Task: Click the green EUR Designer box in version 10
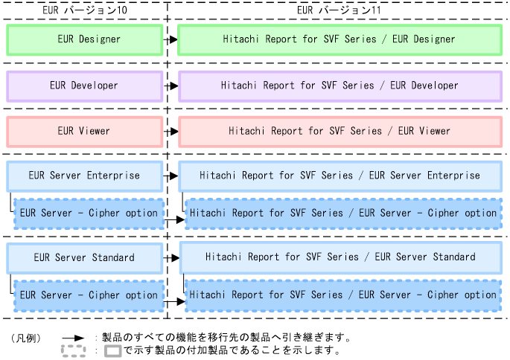pos(84,39)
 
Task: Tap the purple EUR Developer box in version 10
pos(84,86)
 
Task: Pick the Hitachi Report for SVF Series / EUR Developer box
pos(340,86)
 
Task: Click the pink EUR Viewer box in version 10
pos(84,131)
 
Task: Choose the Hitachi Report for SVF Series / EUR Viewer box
pos(340,131)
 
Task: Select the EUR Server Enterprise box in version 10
pos(84,176)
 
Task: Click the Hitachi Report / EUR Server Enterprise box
pos(340,176)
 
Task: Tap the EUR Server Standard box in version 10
pos(84,257)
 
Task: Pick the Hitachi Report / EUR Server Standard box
pos(340,257)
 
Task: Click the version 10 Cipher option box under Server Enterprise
pos(89,213)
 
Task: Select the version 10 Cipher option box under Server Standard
pos(89,295)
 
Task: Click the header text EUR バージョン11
pos(339,10)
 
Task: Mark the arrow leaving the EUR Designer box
pos(170,40)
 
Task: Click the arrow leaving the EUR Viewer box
pos(170,132)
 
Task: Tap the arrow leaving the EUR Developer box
pos(170,86)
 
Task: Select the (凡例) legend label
pos(28,338)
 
